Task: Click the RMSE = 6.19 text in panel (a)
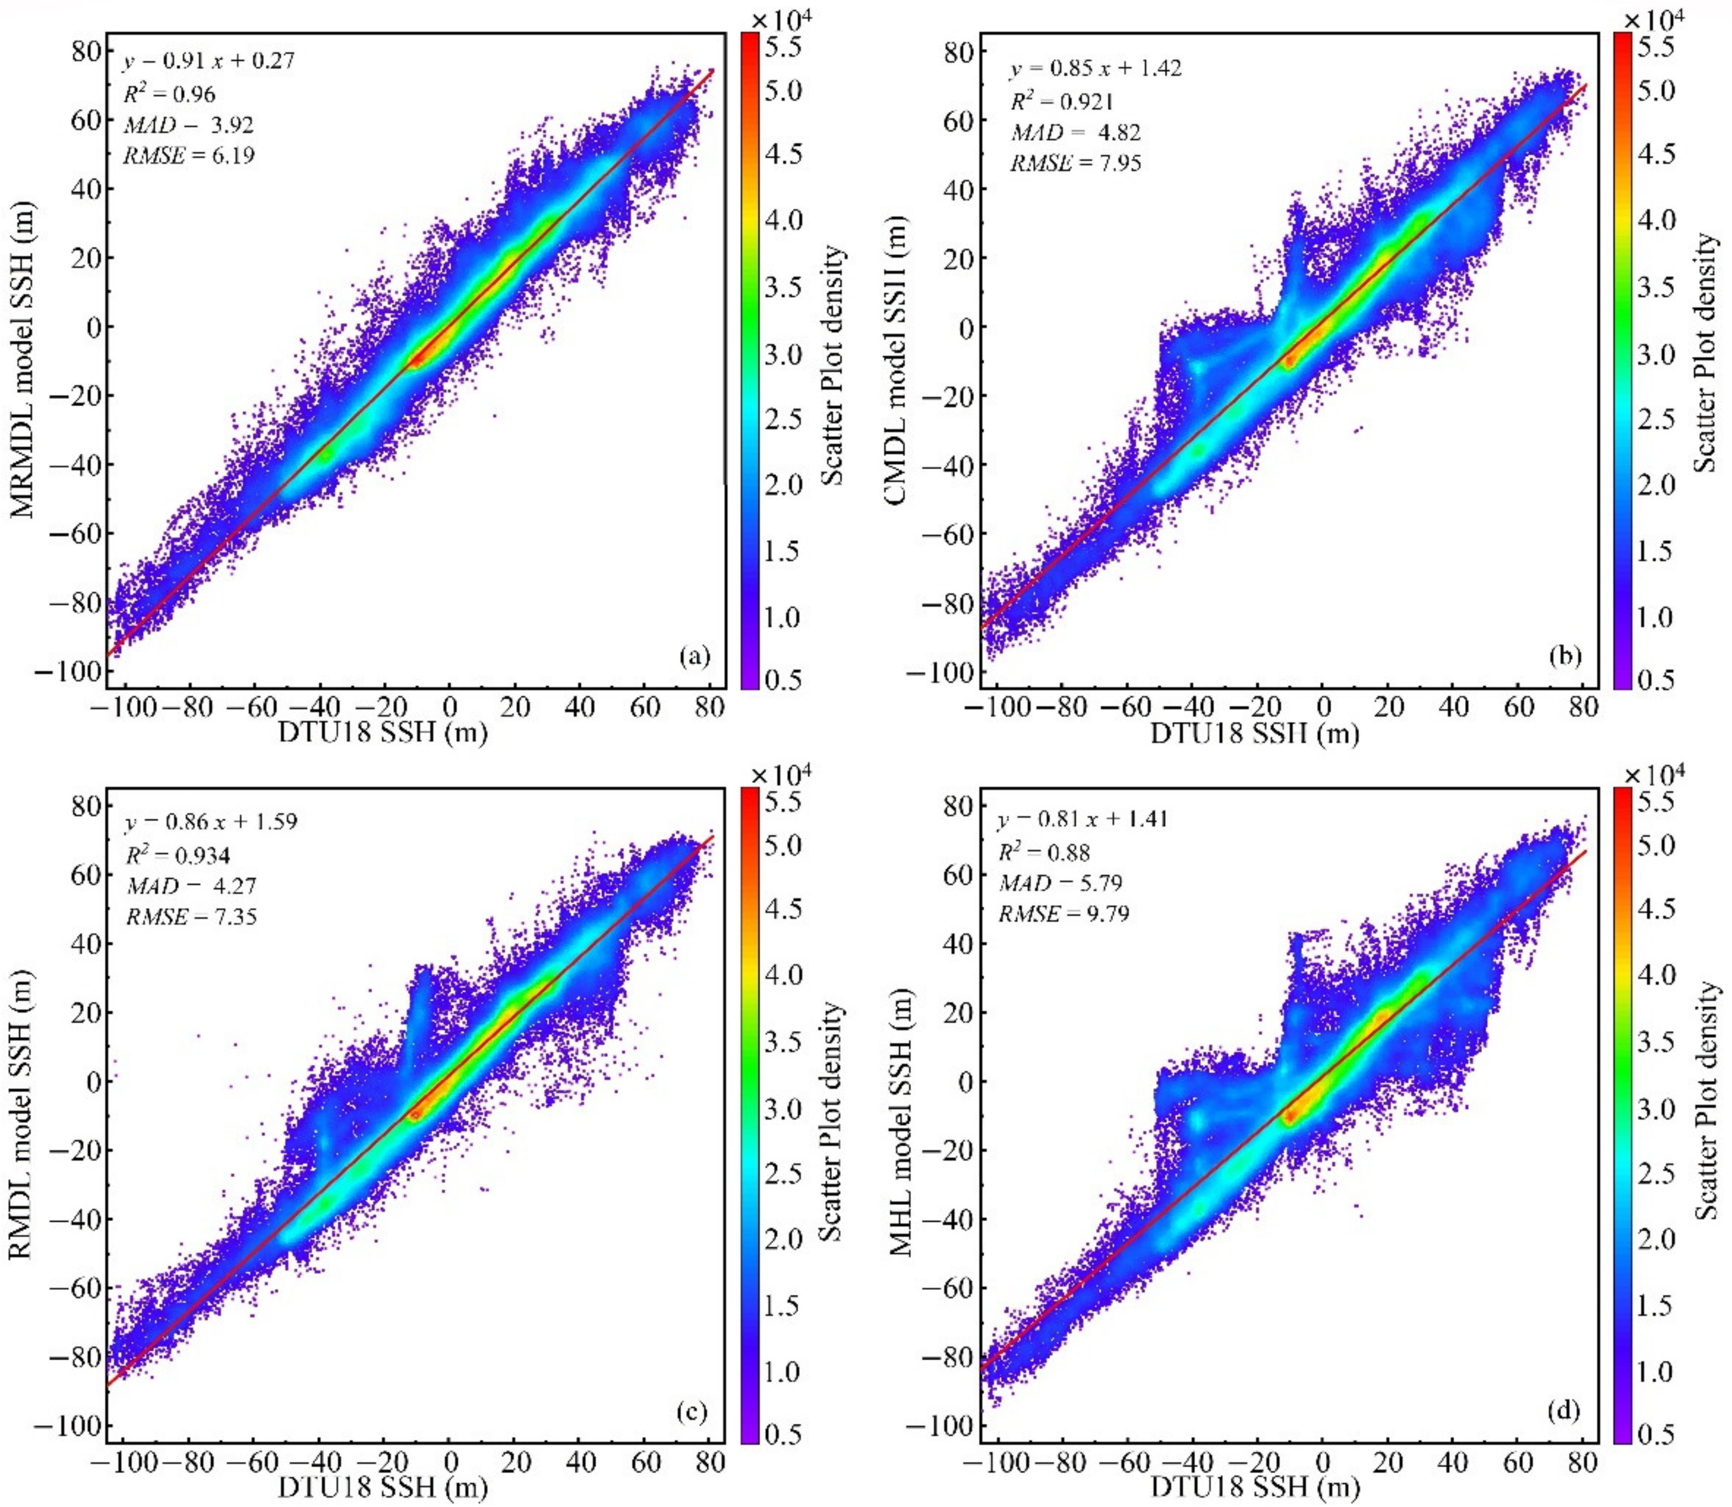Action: pyautogui.click(x=189, y=155)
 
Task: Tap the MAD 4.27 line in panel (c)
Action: pyautogui.click(x=192, y=886)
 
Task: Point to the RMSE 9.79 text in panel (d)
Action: pyautogui.click(x=1064, y=913)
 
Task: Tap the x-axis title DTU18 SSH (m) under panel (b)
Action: pyautogui.click(x=1253, y=733)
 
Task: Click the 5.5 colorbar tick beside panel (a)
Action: pyautogui.click(x=782, y=48)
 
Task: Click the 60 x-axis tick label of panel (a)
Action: pyautogui.click(x=644, y=707)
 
